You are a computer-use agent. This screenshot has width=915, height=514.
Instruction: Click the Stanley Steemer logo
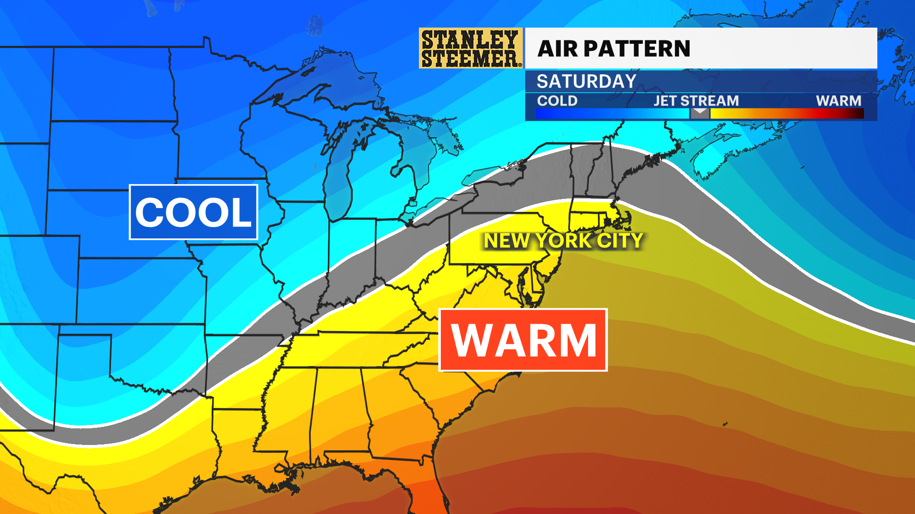pos(470,48)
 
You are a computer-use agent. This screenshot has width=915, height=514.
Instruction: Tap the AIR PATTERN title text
pos(614,49)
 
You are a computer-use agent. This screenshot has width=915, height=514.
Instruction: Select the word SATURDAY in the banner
pos(586,81)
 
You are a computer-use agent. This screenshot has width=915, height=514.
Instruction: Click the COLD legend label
pos(557,101)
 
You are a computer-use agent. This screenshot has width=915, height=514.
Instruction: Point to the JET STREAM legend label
pos(696,101)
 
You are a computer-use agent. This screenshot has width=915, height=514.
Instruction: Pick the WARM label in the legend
pos(838,101)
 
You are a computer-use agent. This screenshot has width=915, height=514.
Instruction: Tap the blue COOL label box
pos(193,212)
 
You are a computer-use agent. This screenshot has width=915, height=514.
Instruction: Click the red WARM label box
pos(523,340)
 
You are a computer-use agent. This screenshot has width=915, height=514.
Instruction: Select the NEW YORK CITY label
pos(563,241)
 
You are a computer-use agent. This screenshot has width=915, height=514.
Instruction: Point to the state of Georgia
pos(400,414)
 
